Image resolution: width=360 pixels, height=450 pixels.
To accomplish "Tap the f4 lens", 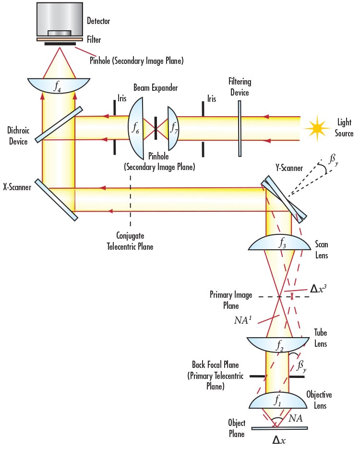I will coord(59,86).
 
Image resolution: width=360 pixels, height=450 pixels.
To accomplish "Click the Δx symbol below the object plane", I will coord(279,439).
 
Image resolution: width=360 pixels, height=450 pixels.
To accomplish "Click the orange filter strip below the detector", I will coord(60,39).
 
